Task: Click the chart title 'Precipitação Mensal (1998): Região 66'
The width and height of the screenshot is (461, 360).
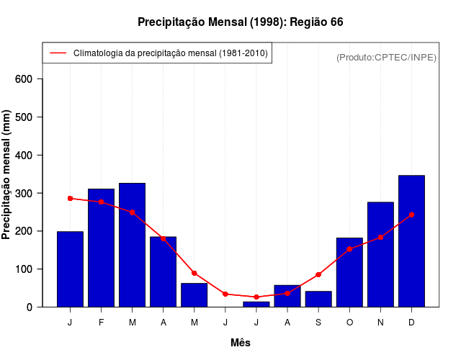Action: (240, 22)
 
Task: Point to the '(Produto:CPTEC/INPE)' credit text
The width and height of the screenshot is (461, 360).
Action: (386, 58)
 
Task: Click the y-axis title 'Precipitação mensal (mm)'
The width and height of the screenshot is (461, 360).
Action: (6, 175)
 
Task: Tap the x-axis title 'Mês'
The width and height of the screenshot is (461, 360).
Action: (241, 343)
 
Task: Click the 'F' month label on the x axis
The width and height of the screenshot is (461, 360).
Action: (102, 323)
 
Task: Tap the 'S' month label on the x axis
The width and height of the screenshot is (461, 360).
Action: (318, 323)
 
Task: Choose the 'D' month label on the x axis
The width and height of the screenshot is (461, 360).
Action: (411, 323)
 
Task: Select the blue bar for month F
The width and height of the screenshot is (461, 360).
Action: (102, 248)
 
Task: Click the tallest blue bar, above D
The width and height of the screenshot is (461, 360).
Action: (411, 241)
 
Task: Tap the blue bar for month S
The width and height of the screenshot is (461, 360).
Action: (318, 299)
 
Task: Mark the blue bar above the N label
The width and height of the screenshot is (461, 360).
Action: (380, 254)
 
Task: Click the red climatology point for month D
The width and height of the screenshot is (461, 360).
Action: (411, 215)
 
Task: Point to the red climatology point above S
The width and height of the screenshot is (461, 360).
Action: (318, 274)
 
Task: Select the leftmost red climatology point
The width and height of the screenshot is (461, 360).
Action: (70, 198)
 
